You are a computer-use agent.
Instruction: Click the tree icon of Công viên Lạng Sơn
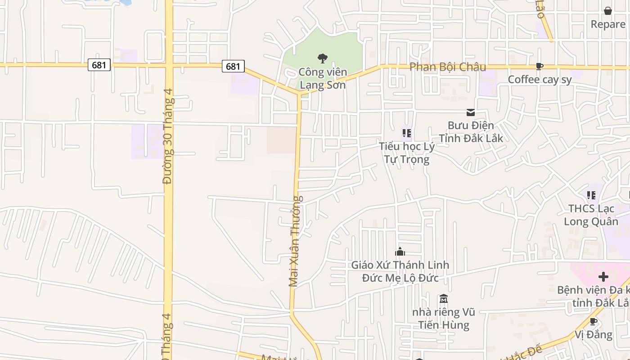(322, 58)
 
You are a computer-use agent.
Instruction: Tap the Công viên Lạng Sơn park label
(323, 79)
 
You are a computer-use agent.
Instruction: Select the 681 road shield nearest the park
(233, 67)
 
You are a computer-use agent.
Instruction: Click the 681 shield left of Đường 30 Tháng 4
(99, 65)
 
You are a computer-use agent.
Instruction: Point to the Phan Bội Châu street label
(447, 67)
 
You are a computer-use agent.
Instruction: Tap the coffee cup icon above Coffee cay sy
(539, 67)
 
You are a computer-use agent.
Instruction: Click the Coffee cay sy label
(540, 80)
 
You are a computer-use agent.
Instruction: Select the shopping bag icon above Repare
(607, 11)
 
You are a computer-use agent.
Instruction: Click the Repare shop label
(608, 24)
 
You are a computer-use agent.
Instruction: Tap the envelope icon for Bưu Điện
(471, 112)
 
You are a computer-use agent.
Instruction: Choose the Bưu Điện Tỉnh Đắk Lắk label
(471, 131)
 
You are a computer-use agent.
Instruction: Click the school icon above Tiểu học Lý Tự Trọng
(406, 133)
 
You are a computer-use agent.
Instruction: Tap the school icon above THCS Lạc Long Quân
(591, 195)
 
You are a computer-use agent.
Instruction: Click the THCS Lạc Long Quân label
(591, 215)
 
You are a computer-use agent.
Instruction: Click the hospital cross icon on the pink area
(603, 276)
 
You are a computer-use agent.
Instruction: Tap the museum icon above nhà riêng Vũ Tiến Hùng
(443, 299)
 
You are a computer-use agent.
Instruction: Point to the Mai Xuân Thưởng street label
(295, 241)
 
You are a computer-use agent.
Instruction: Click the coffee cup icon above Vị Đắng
(593, 321)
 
